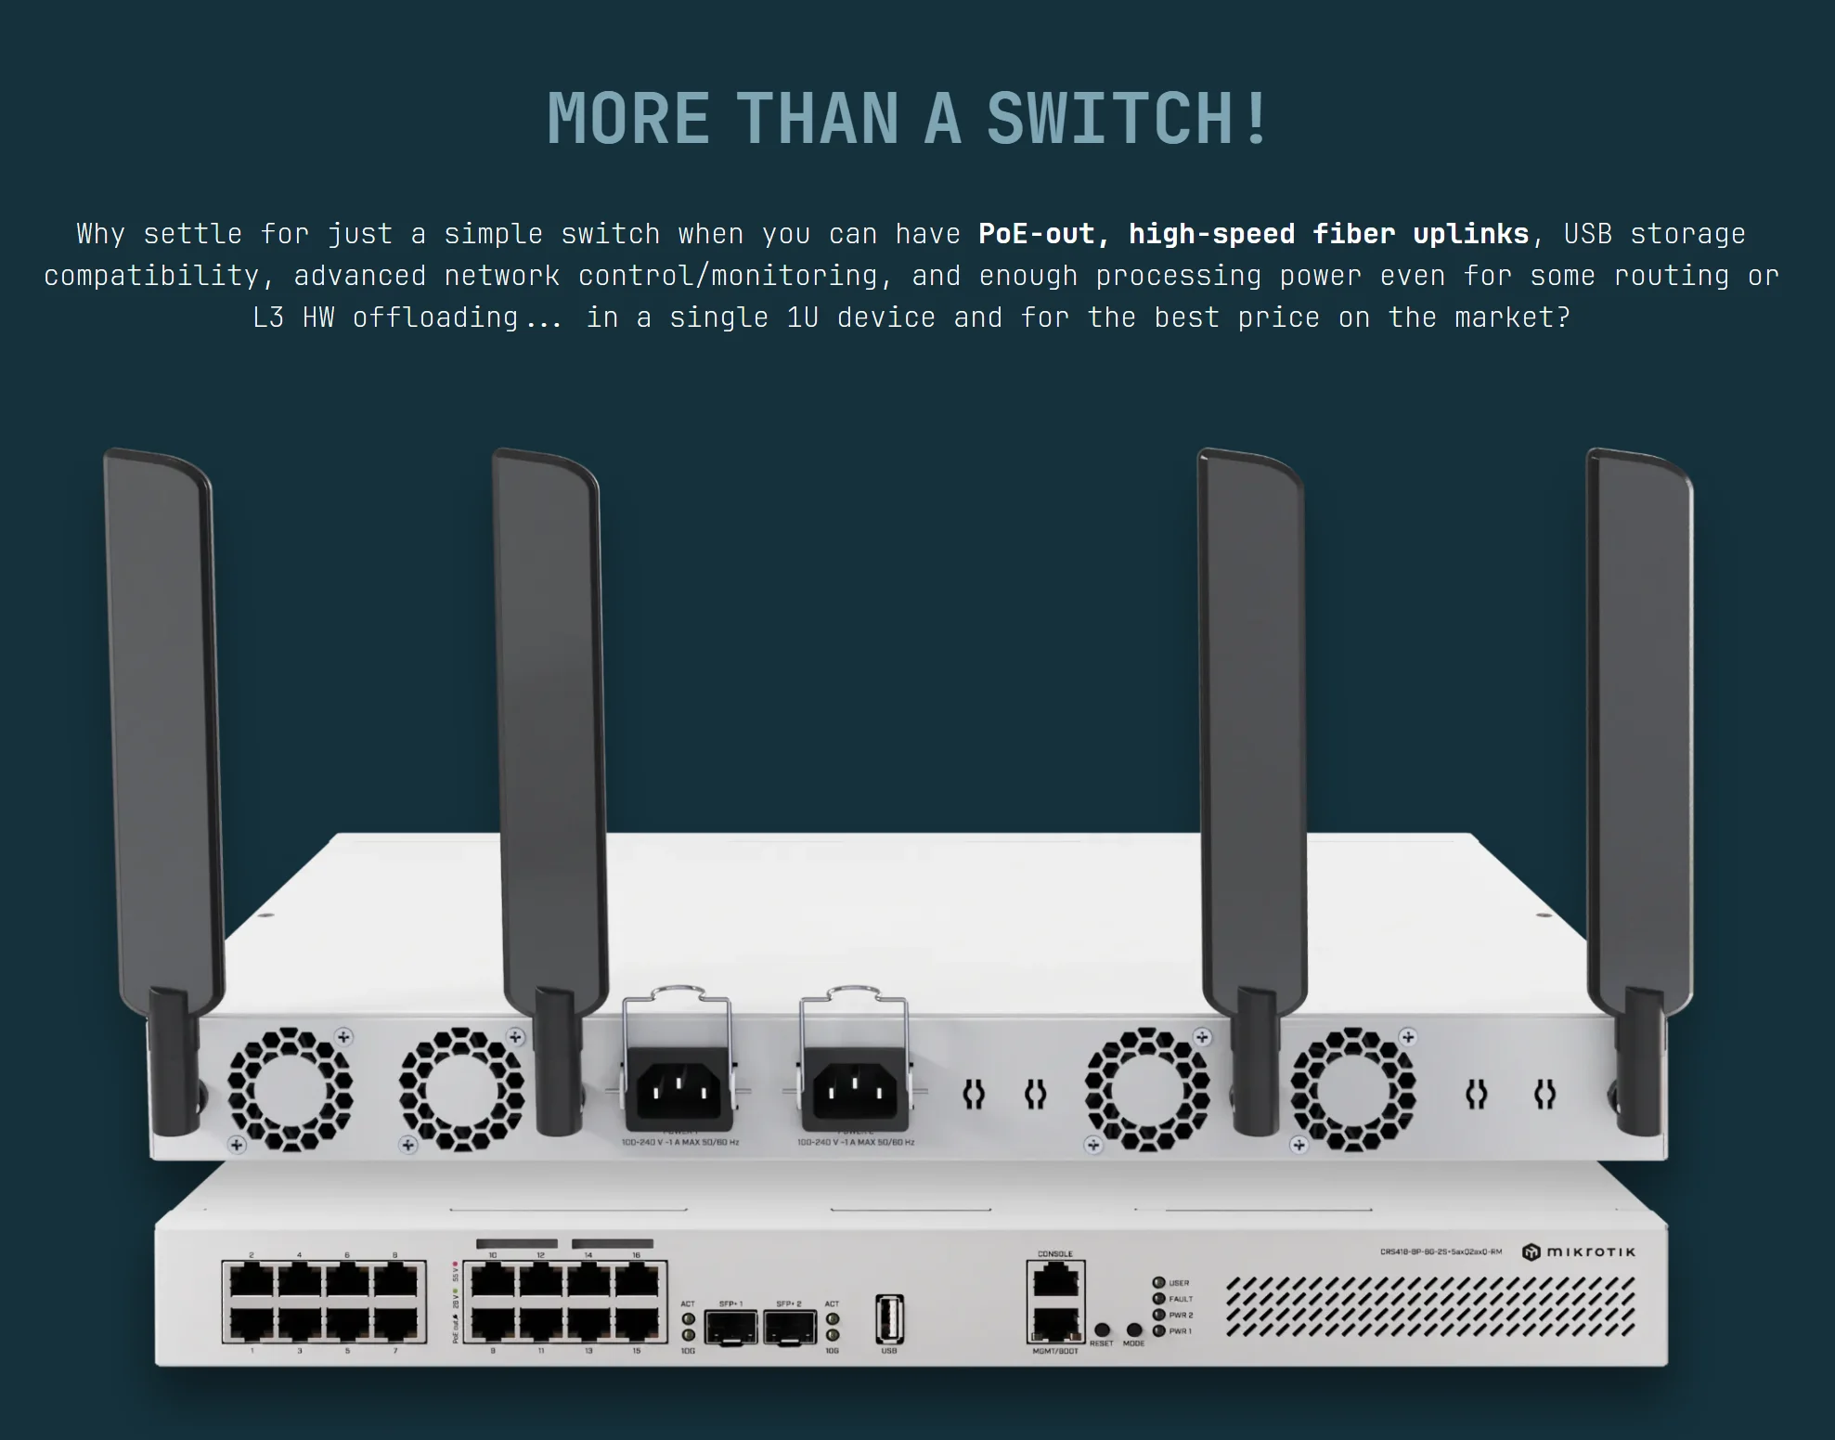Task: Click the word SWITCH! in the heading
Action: coord(1127,119)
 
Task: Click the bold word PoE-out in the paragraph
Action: coord(1037,233)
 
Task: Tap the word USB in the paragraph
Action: coord(1587,233)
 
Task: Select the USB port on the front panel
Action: coord(889,1319)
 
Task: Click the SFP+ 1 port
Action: coord(730,1327)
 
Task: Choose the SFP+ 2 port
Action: coord(789,1327)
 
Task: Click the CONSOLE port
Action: coord(1054,1280)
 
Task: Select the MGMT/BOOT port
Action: coord(1054,1323)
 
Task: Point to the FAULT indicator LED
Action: coord(1158,1299)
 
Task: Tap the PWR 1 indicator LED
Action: coord(1158,1331)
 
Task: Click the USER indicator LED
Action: coord(1158,1283)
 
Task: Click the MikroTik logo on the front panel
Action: coord(1579,1252)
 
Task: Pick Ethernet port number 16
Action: coord(637,1282)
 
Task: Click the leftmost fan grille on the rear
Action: coord(291,1089)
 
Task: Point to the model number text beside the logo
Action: coord(1441,1252)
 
